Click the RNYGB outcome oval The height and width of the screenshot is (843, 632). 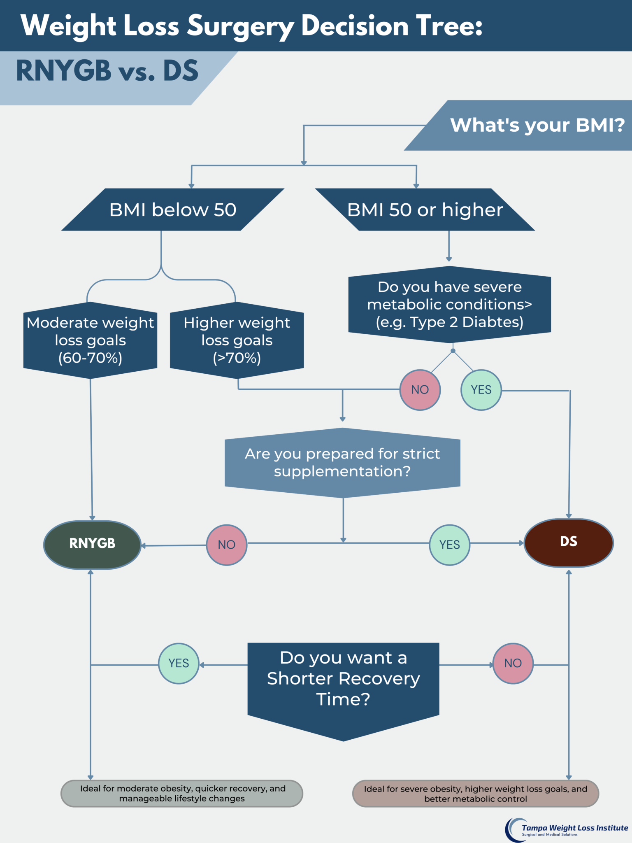click(92, 545)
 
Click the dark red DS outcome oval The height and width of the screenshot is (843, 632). click(569, 543)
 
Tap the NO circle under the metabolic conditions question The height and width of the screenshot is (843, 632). click(420, 390)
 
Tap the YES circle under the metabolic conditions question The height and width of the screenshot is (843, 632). click(481, 390)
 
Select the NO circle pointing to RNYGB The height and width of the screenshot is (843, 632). click(227, 545)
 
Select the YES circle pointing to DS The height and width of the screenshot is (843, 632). click(450, 545)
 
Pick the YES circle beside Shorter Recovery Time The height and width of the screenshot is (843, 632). click(179, 664)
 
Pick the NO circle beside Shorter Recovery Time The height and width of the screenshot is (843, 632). click(513, 664)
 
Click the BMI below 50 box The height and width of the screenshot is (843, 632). click(173, 210)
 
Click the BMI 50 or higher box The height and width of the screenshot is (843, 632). click(425, 210)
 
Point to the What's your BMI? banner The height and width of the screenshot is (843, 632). click(531, 125)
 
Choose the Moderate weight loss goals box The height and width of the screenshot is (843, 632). click(90, 340)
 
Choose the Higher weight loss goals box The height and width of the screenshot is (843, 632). click(237, 340)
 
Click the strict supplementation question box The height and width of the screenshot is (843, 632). click(342, 463)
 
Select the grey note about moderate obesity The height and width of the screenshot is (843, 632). click(182, 793)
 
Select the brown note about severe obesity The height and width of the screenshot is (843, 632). click(475, 794)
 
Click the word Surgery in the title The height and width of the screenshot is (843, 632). click(241, 26)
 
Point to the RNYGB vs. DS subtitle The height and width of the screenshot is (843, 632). click(107, 71)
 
